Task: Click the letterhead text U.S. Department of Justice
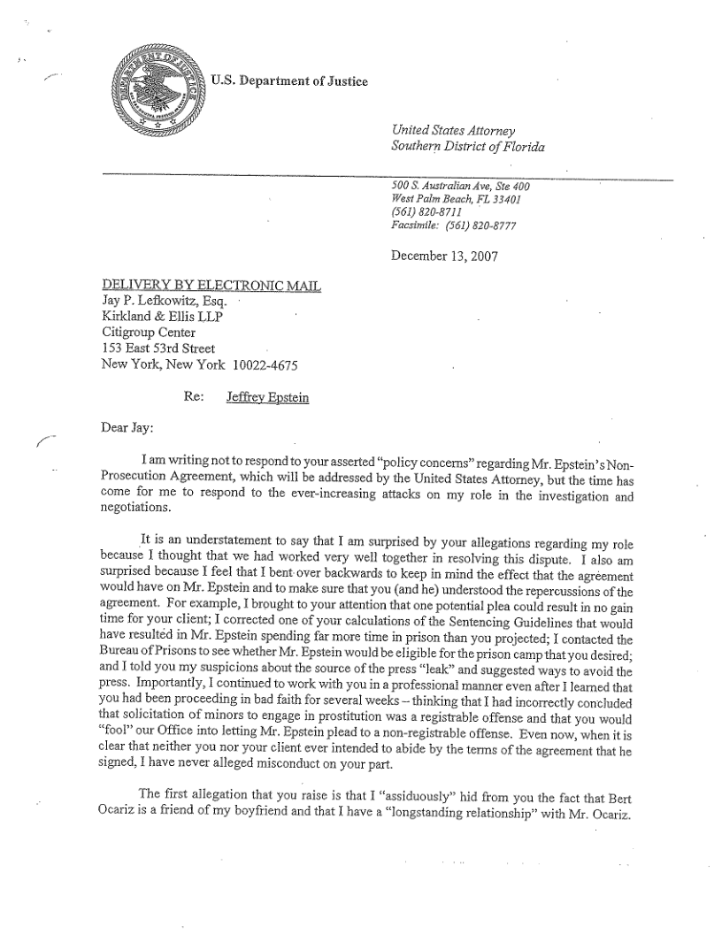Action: [x=288, y=82]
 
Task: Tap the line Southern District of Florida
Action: [x=467, y=146]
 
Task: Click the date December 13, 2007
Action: [x=444, y=257]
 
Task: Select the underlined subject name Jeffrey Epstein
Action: [x=267, y=397]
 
